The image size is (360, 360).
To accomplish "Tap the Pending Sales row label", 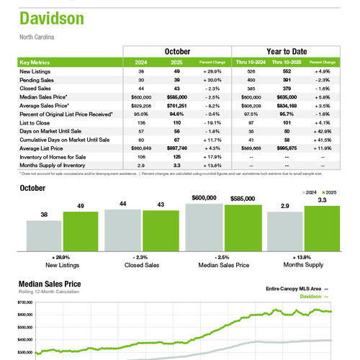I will (37, 79).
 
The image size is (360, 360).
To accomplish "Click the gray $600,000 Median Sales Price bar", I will (204, 225).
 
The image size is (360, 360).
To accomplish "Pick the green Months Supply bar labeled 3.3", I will (322, 227).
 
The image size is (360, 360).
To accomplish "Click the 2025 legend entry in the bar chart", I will (330, 193).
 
